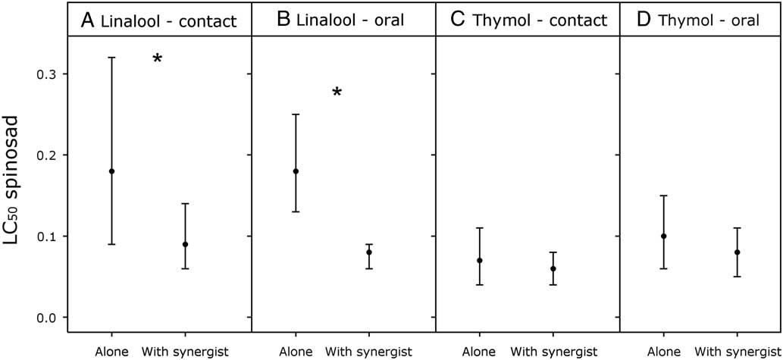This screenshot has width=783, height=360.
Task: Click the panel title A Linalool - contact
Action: click(158, 21)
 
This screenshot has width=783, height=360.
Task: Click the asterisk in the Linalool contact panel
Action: click(158, 60)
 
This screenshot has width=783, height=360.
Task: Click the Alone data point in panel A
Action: click(112, 171)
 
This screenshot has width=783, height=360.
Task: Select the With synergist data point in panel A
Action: click(185, 244)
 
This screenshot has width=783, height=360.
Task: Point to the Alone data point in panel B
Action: click(296, 171)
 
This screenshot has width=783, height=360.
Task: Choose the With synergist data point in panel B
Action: click(369, 252)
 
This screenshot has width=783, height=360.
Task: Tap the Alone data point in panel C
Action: click(480, 261)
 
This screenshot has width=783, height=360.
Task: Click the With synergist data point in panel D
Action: click(738, 252)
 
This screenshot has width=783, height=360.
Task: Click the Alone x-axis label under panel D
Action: click(664, 351)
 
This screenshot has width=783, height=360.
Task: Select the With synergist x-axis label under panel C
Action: click(553, 351)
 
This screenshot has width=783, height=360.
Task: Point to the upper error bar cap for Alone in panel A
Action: click(112, 58)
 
